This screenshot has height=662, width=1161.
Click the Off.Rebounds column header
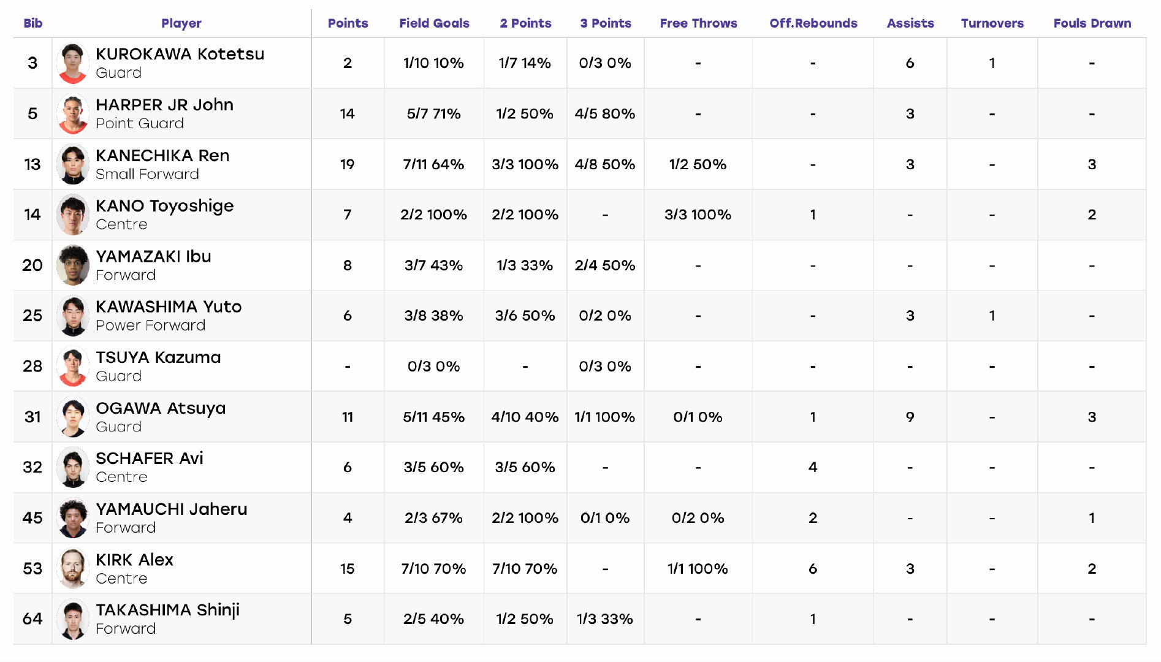tap(813, 23)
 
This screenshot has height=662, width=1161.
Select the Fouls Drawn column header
tap(1092, 23)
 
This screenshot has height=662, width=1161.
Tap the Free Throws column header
tap(698, 23)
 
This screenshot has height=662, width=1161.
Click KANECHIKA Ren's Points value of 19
tap(348, 164)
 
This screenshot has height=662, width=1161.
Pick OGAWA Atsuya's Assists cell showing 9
tap(910, 417)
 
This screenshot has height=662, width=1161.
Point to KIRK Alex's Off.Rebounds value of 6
tap(813, 569)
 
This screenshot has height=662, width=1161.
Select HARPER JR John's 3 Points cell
tap(605, 113)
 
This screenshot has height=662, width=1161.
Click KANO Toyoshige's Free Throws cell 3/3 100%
tap(698, 215)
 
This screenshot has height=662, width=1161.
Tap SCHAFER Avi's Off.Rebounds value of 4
tap(813, 467)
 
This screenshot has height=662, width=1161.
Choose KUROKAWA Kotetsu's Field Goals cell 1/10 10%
tap(433, 63)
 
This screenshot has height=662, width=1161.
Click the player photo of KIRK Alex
tap(73, 568)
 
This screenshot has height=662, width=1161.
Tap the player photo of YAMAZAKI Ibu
tap(73, 265)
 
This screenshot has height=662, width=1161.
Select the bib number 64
tap(32, 619)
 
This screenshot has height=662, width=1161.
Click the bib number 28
tap(32, 367)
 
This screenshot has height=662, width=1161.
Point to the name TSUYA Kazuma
tap(158, 357)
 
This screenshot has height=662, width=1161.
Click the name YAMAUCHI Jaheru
tap(172, 509)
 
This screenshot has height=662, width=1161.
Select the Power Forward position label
tap(151, 325)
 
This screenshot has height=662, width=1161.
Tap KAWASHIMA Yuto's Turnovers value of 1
tap(992, 316)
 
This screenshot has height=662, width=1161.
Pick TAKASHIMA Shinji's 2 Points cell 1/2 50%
tap(525, 619)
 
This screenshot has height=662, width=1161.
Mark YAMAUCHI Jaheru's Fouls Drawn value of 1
tap(1092, 518)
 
